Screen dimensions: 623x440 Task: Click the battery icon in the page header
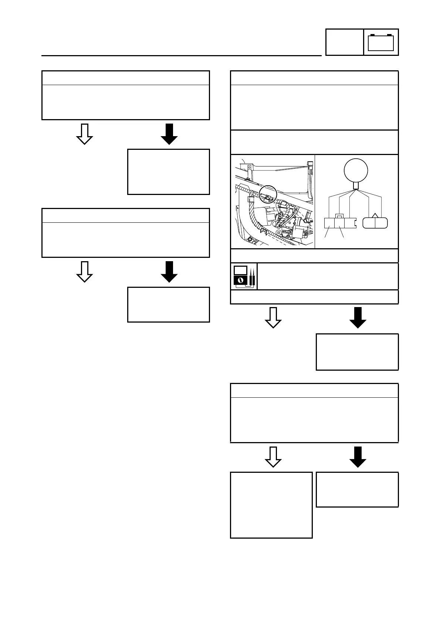381,43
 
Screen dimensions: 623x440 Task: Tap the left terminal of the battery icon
372,35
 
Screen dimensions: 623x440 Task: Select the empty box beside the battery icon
344,42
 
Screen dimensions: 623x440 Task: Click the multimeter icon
244,276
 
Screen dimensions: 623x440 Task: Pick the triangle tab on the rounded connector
375,215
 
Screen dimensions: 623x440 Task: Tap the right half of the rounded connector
381,223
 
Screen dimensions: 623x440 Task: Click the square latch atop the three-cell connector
339,216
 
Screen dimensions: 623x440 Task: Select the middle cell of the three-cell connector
339,223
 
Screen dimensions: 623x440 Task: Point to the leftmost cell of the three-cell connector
329,223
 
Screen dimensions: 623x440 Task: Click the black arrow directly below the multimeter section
358,317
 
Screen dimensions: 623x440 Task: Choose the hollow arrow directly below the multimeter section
273,317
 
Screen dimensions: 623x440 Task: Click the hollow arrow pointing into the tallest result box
273,457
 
